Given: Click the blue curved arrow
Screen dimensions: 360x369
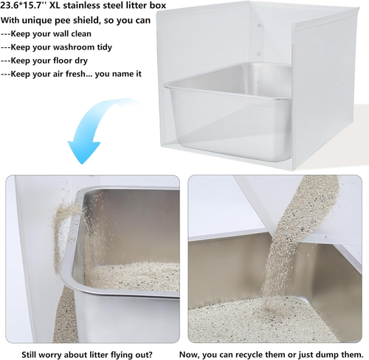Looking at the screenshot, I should point(87,134).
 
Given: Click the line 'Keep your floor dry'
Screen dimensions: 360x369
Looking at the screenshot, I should point(49,60).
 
